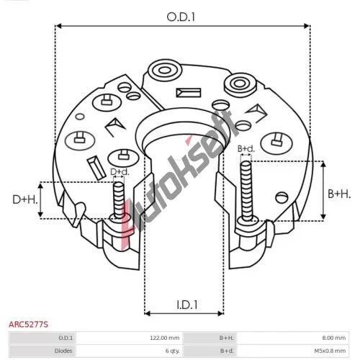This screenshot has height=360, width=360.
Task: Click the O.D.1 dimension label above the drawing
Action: [181, 17]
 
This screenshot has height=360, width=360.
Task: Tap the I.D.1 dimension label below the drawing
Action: [187, 305]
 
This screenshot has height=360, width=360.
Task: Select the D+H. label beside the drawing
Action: [25, 199]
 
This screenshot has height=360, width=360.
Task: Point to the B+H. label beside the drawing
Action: [339, 194]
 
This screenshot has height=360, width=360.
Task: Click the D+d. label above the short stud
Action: [120, 172]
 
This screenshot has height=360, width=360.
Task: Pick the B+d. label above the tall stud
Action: [246, 149]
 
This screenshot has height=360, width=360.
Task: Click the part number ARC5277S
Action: [28, 325]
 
